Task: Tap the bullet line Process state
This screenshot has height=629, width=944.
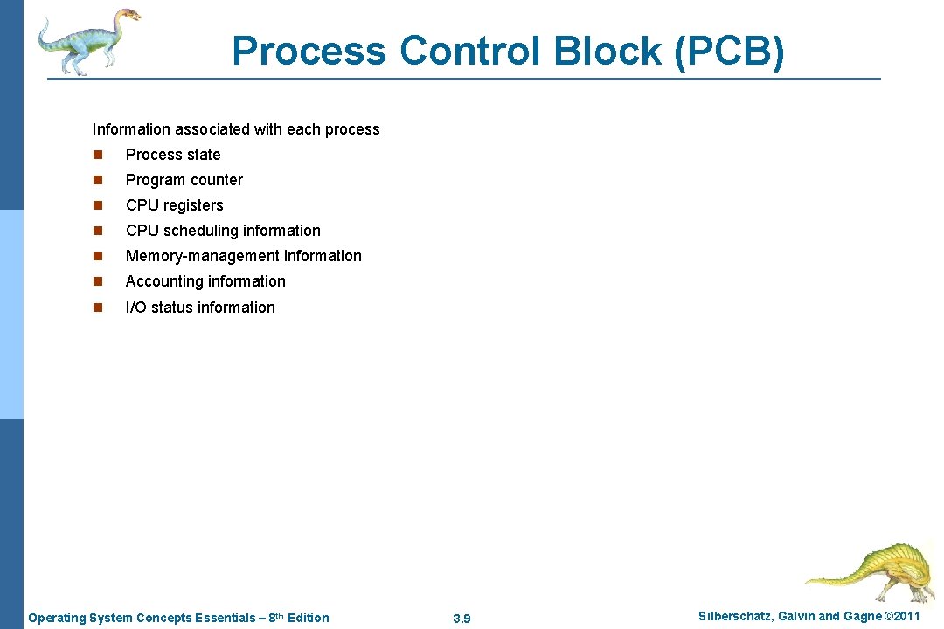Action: (x=173, y=155)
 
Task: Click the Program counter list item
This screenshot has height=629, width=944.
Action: (x=184, y=180)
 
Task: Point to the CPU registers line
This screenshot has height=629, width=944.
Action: (x=175, y=205)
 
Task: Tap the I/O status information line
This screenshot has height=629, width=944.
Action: (x=200, y=308)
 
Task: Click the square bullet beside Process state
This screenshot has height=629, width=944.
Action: (x=98, y=156)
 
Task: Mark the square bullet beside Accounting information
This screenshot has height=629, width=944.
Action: (x=98, y=282)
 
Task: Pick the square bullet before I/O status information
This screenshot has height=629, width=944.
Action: (x=98, y=308)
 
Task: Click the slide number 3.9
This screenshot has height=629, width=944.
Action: (x=462, y=619)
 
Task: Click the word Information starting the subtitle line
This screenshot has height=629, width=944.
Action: (x=131, y=129)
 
